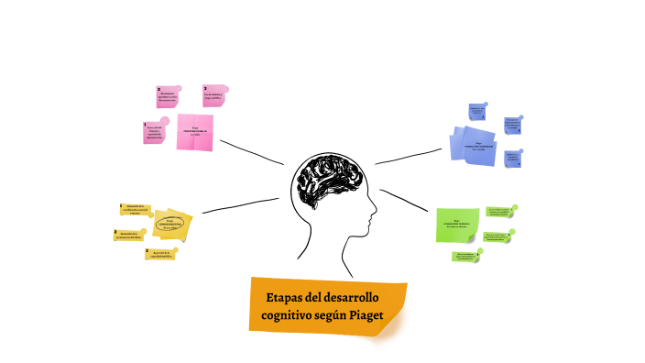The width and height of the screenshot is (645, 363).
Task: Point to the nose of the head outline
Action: pyautogui.click(x=374, y=217)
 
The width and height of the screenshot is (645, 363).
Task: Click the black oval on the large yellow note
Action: pyautogui.click(x=170, y=223)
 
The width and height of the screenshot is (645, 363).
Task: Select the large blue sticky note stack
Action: pyautogui.click(x=476, y=146)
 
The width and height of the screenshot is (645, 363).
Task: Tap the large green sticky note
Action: pyautogui.click(x=455, y=224)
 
